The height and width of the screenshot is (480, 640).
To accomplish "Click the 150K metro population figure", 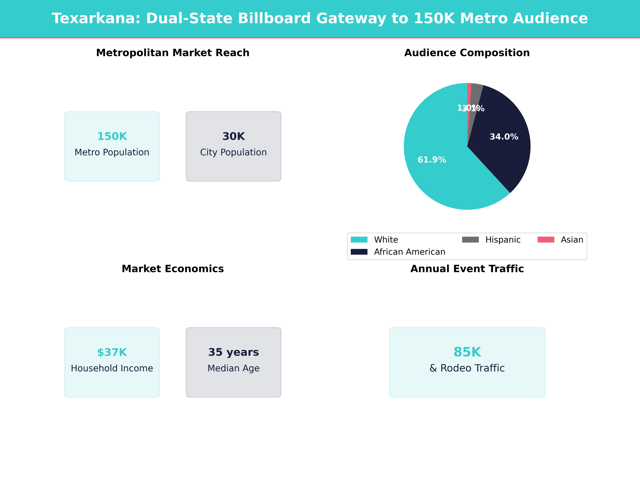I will (112, 136).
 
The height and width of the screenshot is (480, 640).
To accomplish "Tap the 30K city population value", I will (233, 136).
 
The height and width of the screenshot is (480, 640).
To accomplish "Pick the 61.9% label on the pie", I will (432, 160).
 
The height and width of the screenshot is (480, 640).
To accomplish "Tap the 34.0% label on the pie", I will (504, 137).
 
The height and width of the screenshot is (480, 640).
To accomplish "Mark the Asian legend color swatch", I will (546, 240).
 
